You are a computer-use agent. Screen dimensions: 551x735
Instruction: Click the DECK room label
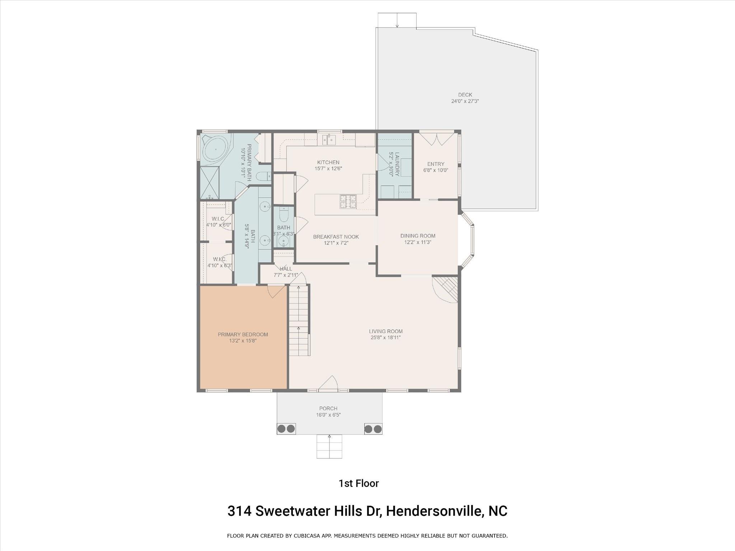(x=465, y=95)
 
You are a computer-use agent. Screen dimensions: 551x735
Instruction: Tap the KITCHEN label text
(x=328, y=162)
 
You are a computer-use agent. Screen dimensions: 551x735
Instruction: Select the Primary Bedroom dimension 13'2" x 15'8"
(x=243, y=341)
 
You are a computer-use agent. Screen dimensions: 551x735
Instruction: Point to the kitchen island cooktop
(x=348, y=202)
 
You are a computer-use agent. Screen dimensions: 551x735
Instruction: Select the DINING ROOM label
(x=418, y=236)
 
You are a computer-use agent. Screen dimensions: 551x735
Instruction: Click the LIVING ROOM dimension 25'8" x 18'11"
(x=385, y=338)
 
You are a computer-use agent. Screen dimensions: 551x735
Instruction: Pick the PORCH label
(x=328, y=408)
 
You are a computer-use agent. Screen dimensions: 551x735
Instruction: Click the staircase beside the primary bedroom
(x=299, y=320)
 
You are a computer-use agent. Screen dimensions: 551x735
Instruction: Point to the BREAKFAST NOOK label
(x=336, y=237)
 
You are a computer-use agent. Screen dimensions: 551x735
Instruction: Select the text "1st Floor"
(x=359, y=484)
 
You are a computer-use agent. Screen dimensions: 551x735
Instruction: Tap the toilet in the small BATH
(x=284, y=215)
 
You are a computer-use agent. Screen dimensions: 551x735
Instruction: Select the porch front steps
(x=329, y=447)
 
